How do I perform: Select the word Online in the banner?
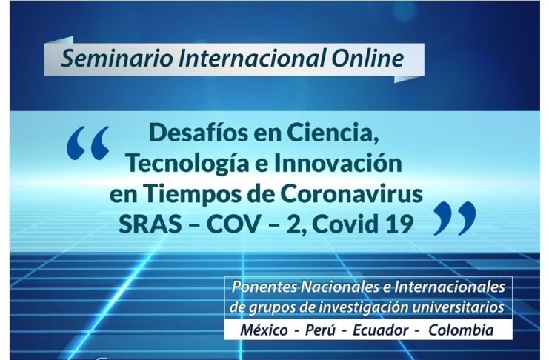[367, 58]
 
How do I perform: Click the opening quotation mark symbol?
[88, 143]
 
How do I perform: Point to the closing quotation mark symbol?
[455, 219]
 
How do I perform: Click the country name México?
[264, 330]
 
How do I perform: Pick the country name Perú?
[320, 330]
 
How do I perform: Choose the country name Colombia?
[461, 330]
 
